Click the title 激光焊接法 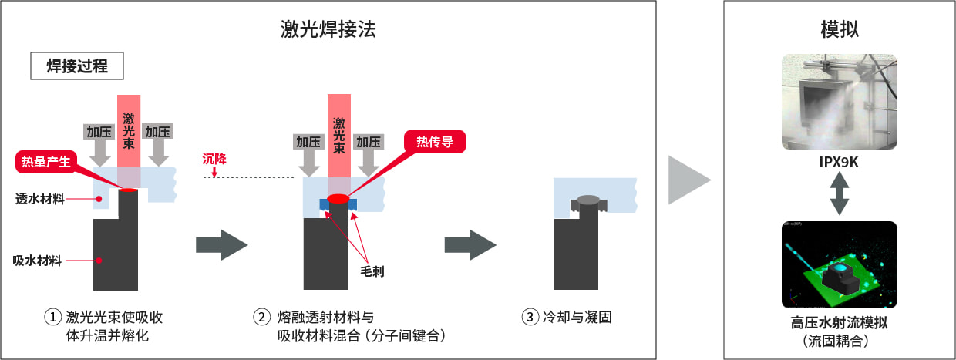click(328, 30)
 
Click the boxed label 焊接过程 click(77, 66)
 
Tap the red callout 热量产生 click(46, 161)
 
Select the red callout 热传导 click(435, 141)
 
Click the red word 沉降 click(215, 160)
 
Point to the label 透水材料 click(38, 198)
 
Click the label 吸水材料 click(38, 260)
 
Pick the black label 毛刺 click(372, 271)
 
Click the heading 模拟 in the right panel click(840, 30)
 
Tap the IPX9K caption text click(840, 163)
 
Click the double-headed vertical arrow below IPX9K click(840, 193)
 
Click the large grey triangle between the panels click(688, 180)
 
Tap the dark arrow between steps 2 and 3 click(470, 245)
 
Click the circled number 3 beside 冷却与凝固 click(529, 317)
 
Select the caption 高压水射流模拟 click(840, 323)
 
